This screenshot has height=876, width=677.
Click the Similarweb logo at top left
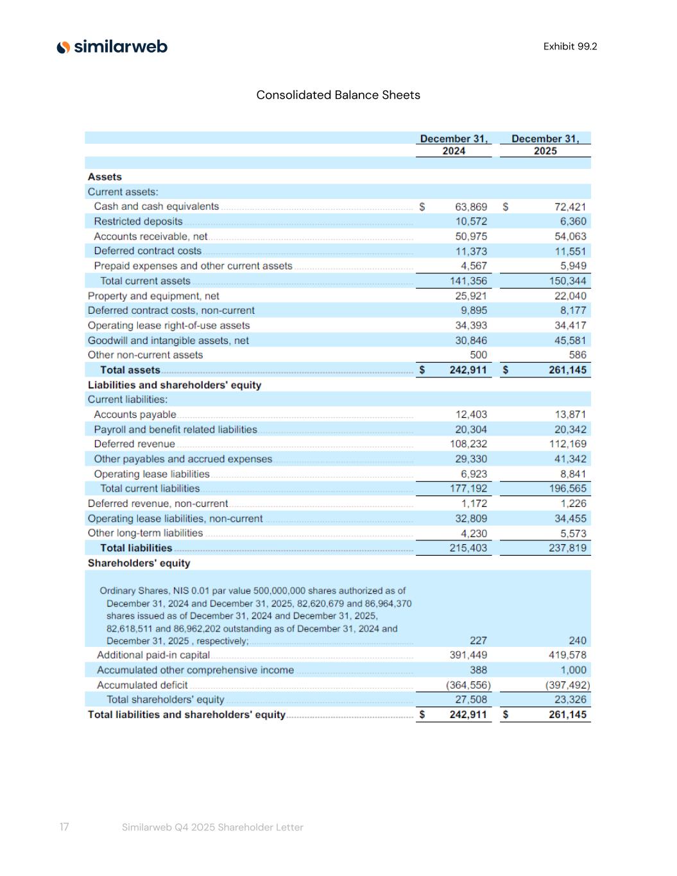[x=112, y=47]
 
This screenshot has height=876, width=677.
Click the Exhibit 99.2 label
[x=570, y=46]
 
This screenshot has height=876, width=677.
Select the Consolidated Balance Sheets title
[x=338, y=95]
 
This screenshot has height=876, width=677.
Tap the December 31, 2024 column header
[x=454, y=144]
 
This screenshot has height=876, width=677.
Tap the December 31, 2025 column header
[x=545, y=144]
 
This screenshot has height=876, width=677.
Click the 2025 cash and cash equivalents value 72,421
[x=570, y=207]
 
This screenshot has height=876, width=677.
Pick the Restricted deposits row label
[x=138, y=221]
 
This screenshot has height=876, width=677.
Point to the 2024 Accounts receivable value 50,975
[x=471, y=236]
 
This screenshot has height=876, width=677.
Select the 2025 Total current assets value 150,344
[x=567, y=281]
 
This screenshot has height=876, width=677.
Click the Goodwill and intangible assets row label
[x=168, y=341]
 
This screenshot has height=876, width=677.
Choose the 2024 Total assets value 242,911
[x=468, y=370]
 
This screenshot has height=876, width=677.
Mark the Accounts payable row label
[x=135, y=415]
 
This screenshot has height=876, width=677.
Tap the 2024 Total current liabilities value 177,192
[x=468, y=488]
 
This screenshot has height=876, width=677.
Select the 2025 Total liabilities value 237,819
[x=567, y=548]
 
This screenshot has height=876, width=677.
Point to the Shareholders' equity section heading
[x=139, y=563]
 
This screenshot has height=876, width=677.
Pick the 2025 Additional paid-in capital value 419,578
[x=567, y=655]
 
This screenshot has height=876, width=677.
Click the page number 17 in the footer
[x=64, y=827]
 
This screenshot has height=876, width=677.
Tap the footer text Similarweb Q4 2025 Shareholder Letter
[x=212, y=827]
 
